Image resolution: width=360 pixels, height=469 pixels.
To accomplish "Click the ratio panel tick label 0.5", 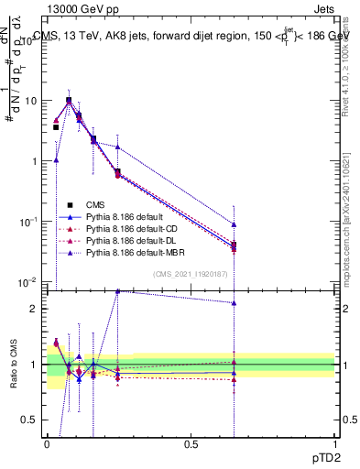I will click(x=31, y=420).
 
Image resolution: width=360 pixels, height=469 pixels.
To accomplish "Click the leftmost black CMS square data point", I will click(x=56, y=127).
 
